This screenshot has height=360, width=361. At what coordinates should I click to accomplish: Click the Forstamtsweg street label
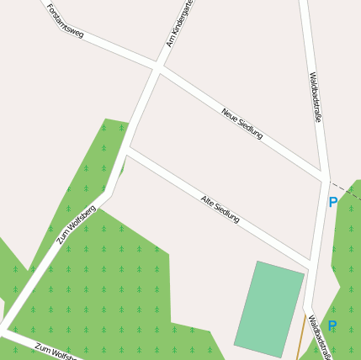(x=66, y=20)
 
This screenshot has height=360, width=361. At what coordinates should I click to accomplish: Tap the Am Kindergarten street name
(x=180, y=23)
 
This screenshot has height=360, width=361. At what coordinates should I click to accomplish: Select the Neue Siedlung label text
(x=242, y=123)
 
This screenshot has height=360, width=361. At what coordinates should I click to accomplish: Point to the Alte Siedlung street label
(x=220, y=209)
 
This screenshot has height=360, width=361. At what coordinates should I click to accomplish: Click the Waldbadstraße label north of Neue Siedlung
(x=315, y=97)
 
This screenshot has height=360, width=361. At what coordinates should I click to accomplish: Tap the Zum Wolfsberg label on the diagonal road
(x=77, y=224)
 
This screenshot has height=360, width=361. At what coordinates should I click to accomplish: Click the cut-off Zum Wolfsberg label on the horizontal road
(x=57, y=351)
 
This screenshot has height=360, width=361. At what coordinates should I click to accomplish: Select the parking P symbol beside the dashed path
(x=332, y=202)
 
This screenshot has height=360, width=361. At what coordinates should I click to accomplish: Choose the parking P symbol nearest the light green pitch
(x=332, y=326)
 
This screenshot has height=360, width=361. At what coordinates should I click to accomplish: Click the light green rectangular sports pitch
(x=269, y=309)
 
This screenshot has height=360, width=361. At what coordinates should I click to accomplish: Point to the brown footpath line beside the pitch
(x=301, y=336)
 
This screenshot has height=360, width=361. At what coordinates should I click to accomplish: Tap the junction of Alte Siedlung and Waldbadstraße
(x=313, y=267)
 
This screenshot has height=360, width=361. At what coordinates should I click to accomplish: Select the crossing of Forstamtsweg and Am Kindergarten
(x=158, y=66)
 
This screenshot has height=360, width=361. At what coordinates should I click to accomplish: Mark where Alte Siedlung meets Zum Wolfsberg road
(x=127, y=152)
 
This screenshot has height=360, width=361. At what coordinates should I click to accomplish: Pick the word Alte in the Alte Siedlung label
(x=208, y=201)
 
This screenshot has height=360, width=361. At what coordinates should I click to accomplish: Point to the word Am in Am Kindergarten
(x=170, y=41)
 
